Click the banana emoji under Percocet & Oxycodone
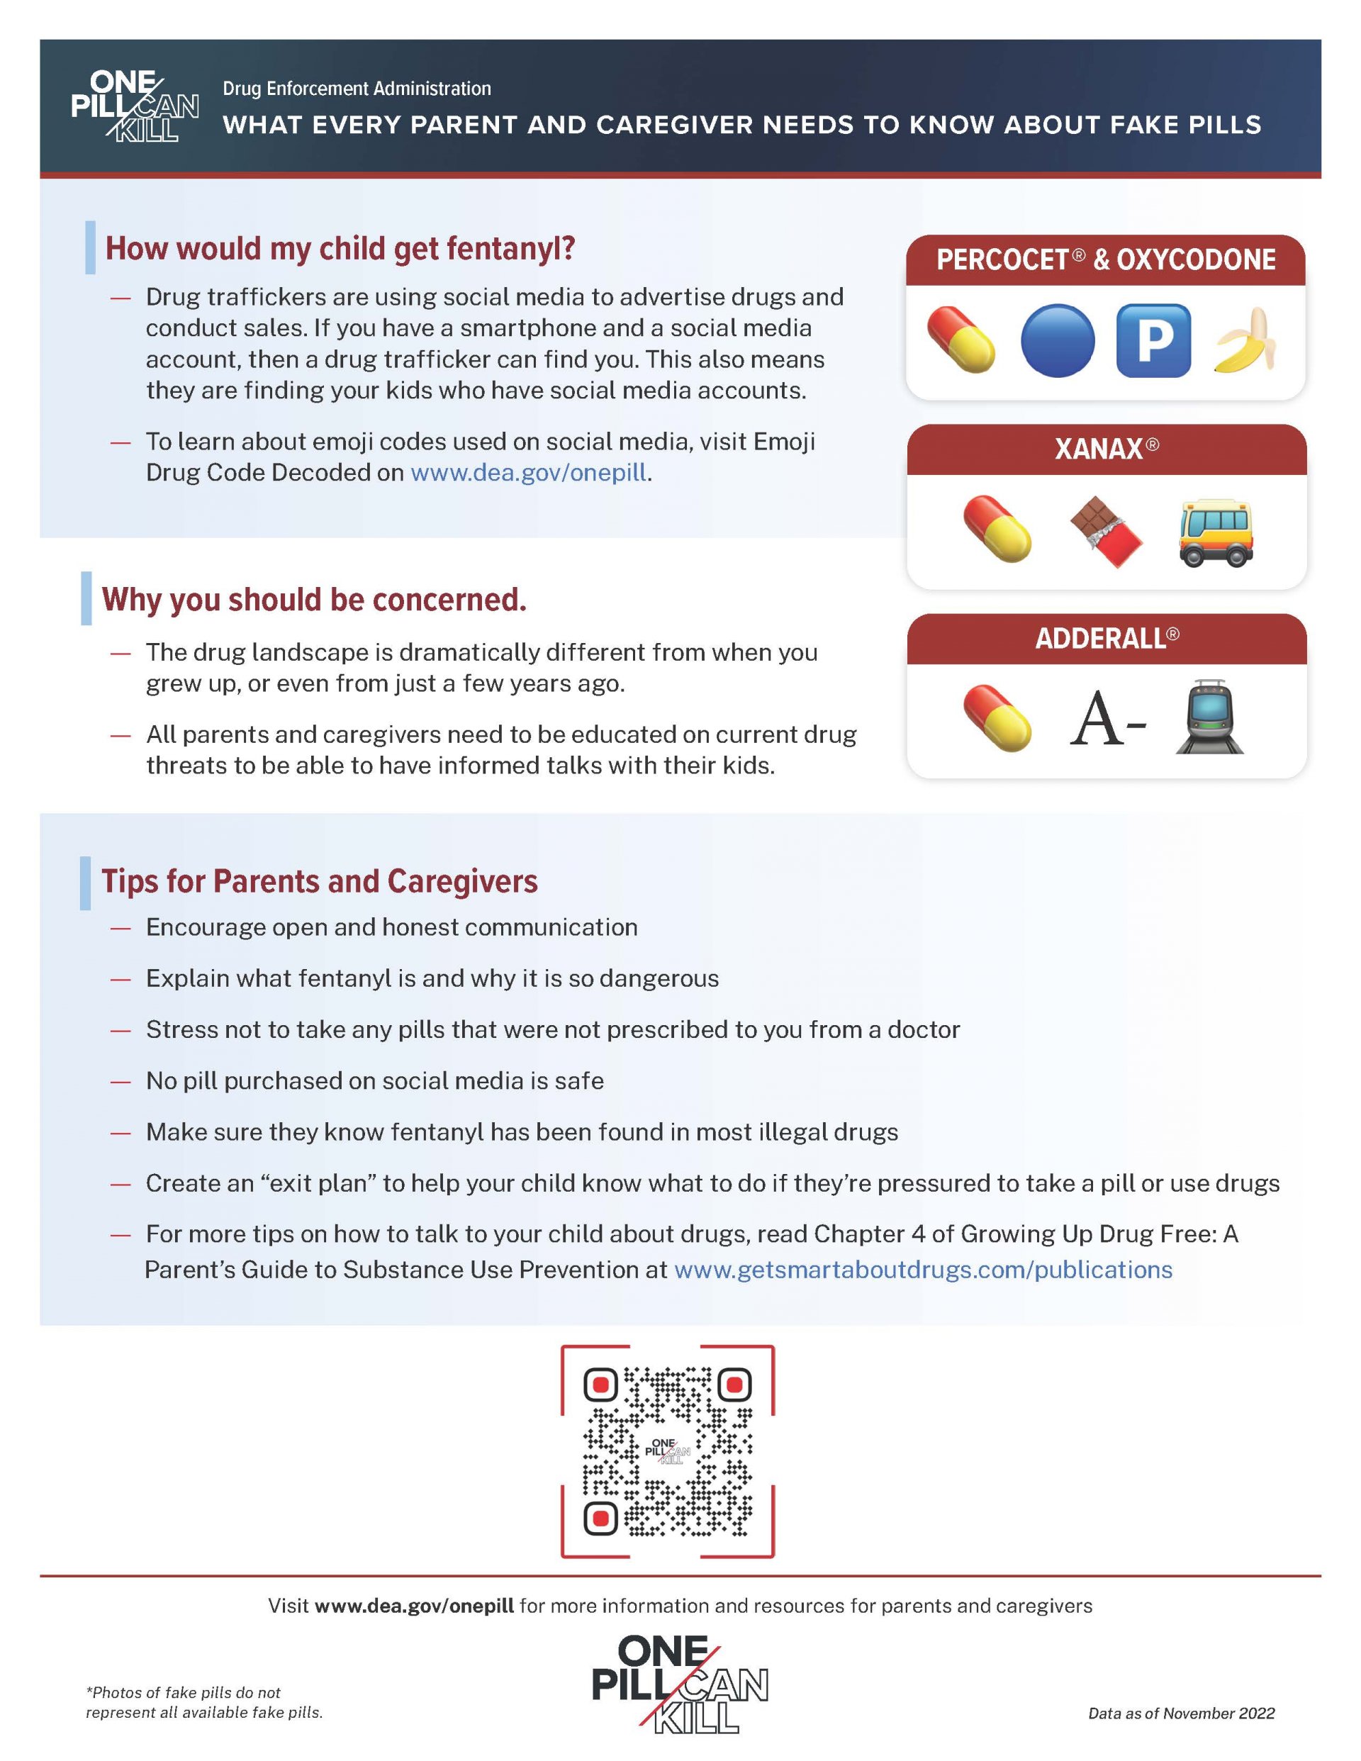tap(1245, 340)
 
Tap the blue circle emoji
tap(1057, 340)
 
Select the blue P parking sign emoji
tap(1153, 340)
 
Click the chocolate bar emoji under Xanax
tap(1105, 532)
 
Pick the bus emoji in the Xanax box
tap(1216, 532)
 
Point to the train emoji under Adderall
tap(1209, 717)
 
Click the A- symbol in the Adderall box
tap(1107, 720)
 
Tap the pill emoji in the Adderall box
tap(997, 717)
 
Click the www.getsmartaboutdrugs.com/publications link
tap(922, 1269)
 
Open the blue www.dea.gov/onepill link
tap(528, 472)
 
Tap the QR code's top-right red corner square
tap(734, 1385)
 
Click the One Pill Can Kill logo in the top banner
tap(134, 106)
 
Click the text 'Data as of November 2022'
tap(1181, 1713)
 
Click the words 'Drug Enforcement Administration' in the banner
tap(357, 89)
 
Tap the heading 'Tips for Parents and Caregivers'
tap(319, 881)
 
